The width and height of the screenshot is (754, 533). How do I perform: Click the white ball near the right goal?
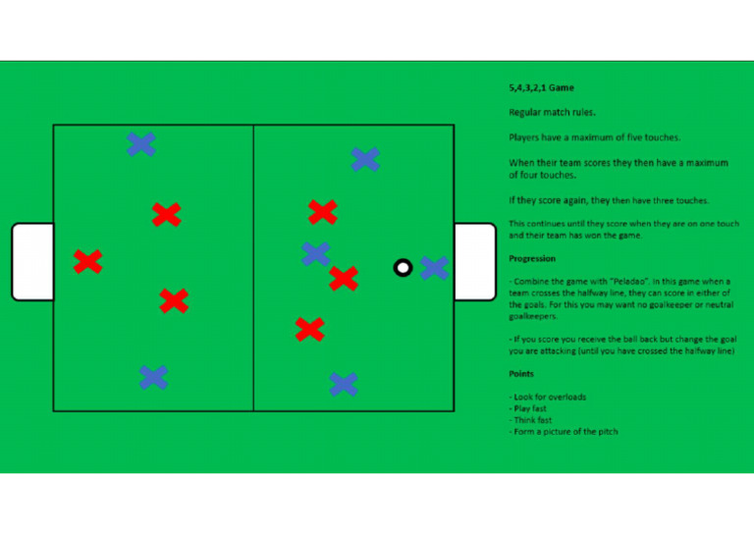pos(403,267)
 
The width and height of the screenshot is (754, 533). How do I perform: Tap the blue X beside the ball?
pos(433,267)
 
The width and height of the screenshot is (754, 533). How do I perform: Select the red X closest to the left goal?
pos(87,261)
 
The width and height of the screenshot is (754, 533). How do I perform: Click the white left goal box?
pos(32,261)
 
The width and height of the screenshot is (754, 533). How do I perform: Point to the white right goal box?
pos(475,261)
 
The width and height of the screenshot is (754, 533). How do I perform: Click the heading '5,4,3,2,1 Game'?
pos(541,88)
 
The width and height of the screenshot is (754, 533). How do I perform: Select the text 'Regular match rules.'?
pos(552,112)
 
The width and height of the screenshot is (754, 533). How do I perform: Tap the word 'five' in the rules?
pos(642,137)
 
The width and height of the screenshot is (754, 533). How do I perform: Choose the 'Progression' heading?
pos(532,259)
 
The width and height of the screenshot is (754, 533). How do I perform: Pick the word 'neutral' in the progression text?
pos(712,305)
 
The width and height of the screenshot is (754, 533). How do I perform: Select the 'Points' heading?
pos(520,374)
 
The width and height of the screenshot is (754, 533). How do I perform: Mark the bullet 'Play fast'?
pos(530,408)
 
